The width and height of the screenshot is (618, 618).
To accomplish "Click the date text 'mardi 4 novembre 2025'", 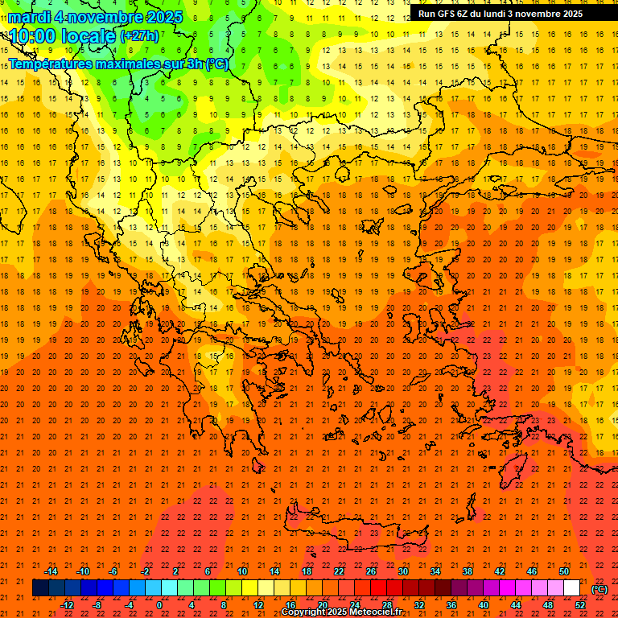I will pos(96,17).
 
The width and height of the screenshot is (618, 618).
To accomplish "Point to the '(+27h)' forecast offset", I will pos(139,36).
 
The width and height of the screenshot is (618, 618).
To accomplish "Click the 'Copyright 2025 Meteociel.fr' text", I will pos(341,612).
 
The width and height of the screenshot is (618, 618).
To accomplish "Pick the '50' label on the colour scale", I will pos(564,571).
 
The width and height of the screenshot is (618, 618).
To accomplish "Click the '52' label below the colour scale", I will pos(580,605).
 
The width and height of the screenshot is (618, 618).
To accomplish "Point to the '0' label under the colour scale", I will pos(159,605).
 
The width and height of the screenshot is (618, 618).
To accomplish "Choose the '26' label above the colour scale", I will pos(371,571).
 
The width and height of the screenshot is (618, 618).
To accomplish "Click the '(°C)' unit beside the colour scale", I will pos(599,589).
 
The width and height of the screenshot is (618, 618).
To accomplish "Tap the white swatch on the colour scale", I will pos(572,588).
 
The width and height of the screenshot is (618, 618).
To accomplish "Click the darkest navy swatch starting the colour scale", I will pos(40,588).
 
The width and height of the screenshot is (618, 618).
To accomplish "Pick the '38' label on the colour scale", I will pos(468,571).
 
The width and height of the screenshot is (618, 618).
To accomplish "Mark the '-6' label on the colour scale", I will pos(113,571).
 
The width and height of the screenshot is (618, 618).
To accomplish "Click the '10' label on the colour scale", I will pos(242,571).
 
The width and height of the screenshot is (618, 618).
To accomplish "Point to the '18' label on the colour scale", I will pos(307,571).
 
